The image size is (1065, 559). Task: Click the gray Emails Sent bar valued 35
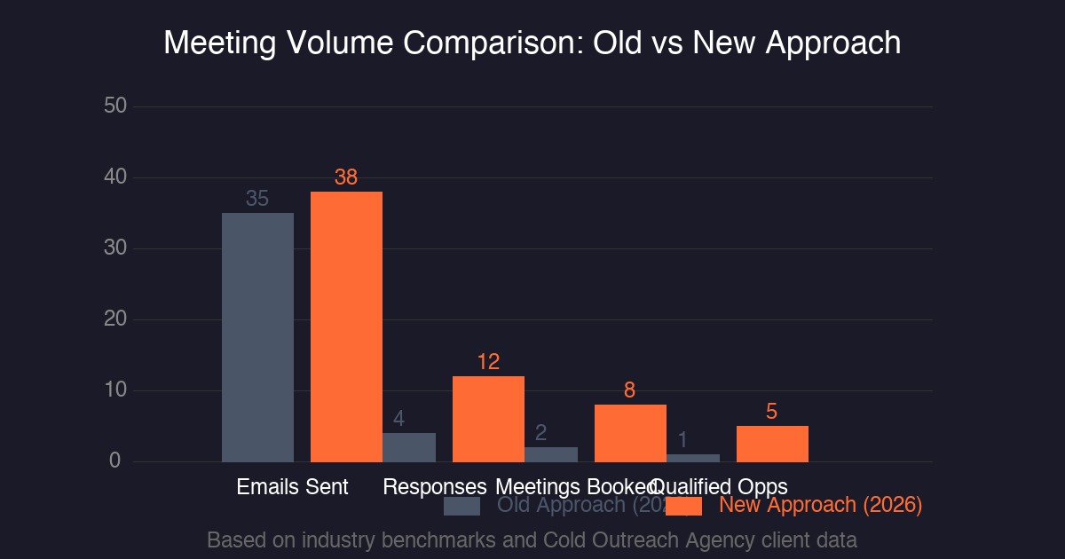(x=257, y=337)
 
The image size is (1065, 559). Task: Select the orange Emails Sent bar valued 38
(x=346, y=327)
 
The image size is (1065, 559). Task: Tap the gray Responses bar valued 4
(x=409, y=447)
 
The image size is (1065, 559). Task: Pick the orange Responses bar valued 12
(x=488, y=419)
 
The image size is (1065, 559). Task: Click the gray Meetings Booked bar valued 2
(x=551, y=454)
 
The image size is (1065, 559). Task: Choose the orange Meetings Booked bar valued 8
(x=630, y=433)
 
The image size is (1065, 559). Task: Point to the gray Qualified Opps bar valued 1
(x=693, y=458)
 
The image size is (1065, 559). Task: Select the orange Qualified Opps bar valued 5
(x=772, y=444)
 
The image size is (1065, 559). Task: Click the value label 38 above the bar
(x=346, y=177)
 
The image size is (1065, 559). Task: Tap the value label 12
(x=488, y=362)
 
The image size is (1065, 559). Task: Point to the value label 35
(x=257, y=199)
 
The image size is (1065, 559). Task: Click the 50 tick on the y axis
(x=115, y=106)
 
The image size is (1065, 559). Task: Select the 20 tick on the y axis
(x=115, y=319)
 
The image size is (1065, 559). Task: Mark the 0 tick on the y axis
(x=115, y=461)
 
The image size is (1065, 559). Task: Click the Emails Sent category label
(x=293, y=487)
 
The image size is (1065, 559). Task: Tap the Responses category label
(x=435, y=487)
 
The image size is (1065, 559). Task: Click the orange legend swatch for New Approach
(x=683, y=506)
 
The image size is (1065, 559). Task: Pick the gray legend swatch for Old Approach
(x=461, y=506)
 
